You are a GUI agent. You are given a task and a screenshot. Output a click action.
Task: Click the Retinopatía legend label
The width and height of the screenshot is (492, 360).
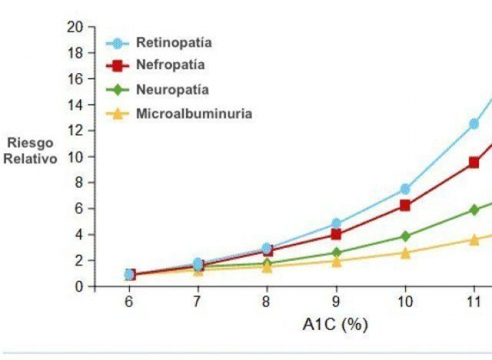(x=174, y=43)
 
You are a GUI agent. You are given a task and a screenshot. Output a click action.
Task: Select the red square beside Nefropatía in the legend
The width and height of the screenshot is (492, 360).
(x=117, y=66)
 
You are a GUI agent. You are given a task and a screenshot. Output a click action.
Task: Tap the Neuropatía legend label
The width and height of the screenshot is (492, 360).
(x=172, y=89)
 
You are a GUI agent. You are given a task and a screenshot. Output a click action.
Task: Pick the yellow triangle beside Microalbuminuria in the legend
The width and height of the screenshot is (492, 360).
(x=117, y=113)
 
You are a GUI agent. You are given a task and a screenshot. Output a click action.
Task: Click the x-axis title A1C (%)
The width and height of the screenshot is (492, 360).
(x=335, y=324)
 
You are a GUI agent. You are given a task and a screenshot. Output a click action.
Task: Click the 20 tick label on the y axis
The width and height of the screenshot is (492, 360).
(x=75, y=27)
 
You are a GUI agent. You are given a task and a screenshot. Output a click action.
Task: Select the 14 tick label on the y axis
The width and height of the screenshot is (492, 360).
(x=75, y=105)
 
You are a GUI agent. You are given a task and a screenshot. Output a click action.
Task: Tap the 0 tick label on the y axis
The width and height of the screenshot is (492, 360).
(x=79, y=287)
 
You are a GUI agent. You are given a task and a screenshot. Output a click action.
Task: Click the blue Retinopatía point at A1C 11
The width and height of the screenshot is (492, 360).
(x=474, y=124)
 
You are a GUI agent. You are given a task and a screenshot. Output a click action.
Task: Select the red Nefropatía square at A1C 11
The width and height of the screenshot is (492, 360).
(x=474, y=163)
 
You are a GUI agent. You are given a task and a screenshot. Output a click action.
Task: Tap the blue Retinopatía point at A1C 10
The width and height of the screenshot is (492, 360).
(x=405, y=189)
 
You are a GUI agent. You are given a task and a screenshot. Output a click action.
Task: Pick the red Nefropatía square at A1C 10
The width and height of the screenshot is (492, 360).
(x=405, y=206)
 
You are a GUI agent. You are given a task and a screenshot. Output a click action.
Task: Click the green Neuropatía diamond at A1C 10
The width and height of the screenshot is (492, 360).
(x=405, y=236)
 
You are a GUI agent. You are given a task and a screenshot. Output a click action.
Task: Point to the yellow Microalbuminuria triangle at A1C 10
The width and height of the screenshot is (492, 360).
(x=405, y=253)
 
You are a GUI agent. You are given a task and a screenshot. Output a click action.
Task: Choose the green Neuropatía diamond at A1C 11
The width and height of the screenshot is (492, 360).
(x=474, y=210)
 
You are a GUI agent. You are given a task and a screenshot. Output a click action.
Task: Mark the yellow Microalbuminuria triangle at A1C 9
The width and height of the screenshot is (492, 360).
(x=336, y=261)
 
